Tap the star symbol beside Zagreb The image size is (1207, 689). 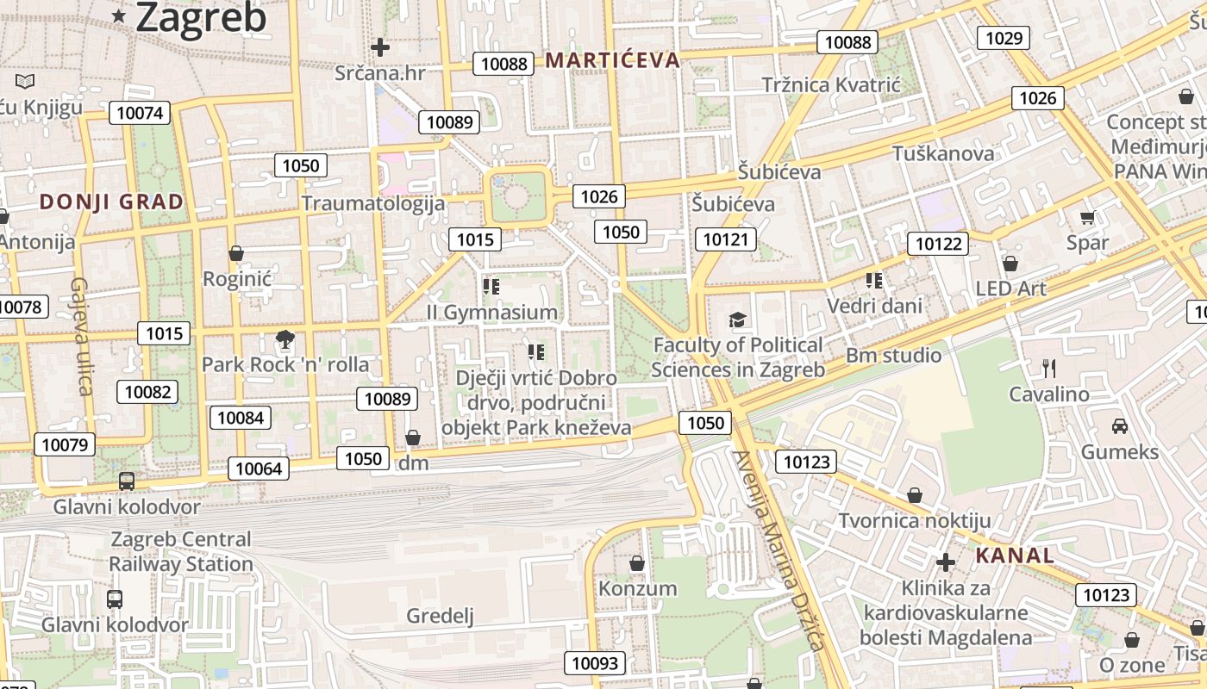click(120, 16)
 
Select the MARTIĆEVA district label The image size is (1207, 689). click(613, 60)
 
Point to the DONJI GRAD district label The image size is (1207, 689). click(112, 202)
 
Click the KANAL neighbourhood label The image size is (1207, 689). click(1015, 556)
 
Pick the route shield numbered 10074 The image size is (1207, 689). click(140, 113)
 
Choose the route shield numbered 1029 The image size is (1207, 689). click(1004, 38)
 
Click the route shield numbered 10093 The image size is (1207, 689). click(595, 663)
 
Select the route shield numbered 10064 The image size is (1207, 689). click(259, 469)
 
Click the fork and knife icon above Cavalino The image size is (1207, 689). click(1049, 369)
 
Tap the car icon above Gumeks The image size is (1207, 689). click(1119, 425)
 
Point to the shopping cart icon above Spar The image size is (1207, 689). click(1087, 217)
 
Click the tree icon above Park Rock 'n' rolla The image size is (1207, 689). click(284, 339)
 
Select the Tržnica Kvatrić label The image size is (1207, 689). click(831, 84)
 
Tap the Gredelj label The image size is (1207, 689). click(441, 616)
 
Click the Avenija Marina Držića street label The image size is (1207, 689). click(779, 551)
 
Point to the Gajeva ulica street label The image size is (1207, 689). click(82, 336)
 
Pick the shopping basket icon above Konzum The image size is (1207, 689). click(637, 563)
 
